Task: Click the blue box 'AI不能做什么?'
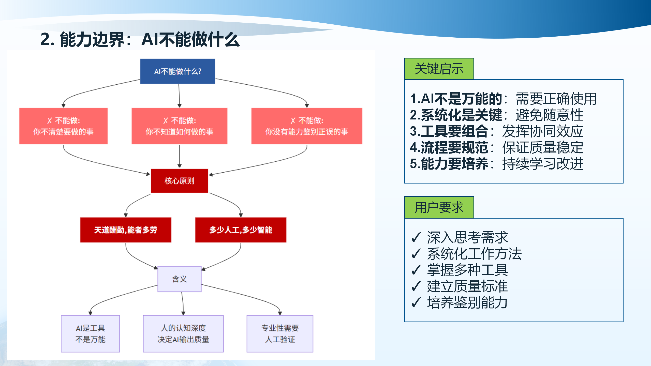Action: (177, 71)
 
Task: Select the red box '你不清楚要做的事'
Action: (63, 126)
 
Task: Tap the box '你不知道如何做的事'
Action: (179, 126)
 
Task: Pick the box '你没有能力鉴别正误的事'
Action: (307, 126)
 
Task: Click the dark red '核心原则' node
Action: (179, 181)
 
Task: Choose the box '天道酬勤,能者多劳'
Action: (126, 230)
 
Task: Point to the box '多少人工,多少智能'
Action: (241, 230)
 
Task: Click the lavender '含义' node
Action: (179, 279)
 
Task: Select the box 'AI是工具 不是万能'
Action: (90, 333)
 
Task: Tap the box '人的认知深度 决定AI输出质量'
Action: (183, 333)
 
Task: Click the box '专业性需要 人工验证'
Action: (280, 333)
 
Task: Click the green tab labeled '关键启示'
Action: (439, 69)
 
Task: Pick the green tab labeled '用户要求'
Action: (439, 207)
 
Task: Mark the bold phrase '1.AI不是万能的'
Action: (456, 99)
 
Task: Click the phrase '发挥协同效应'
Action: (542, 131)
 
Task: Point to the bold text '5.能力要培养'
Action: (449, 164)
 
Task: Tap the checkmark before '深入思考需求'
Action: (416, 237)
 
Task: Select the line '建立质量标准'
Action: (467, 286)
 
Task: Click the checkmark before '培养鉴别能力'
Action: (416, 302)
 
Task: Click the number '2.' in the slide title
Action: (47, 40)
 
